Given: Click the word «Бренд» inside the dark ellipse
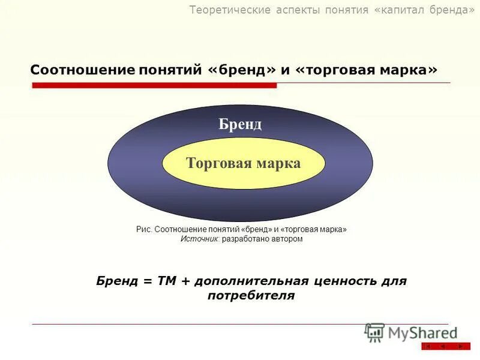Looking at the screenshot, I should point(240,124).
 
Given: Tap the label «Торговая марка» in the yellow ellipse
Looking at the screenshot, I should point(243,163).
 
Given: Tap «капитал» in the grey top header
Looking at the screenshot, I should point(403,10).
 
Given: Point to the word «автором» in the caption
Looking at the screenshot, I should point(287,239).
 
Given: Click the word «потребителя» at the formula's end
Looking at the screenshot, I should point(251,296).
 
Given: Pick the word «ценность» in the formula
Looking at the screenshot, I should point(348,281).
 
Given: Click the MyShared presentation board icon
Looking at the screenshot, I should point(374,332).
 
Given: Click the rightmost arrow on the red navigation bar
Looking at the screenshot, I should point(460,346).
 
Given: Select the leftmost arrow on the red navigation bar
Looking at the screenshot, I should point(428,346).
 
